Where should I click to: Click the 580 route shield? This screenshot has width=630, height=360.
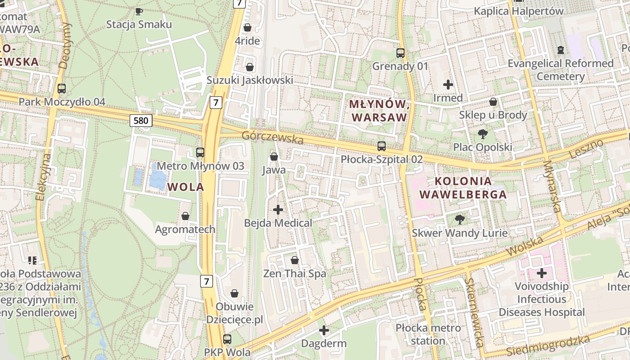pyautogui.click(x=140, y=120)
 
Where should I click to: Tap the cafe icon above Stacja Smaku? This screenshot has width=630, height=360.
pyautogui.click(x=139, y=11)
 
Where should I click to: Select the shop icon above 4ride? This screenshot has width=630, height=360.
pyautogui.click(x=247, y=28)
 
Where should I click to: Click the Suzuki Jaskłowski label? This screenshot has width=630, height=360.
pyautogui.click(x=250, y=80)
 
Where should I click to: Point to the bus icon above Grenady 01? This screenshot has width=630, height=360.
pyautogui.click(x=400, y=53)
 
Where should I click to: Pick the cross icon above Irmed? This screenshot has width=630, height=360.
pyautogui.click(x=448, y=85)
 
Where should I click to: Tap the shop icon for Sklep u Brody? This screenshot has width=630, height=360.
pyautogui.click(x=493, y=102)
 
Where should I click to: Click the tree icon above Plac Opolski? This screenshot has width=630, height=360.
pyautogui.click(x=483, y=134)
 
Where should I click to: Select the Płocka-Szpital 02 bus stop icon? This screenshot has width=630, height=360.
pyautogui.click(x=382, y=146)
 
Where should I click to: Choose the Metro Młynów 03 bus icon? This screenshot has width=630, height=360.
pyautogui.click(x=200, y=153)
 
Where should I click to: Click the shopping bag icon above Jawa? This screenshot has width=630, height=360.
pyautogui.click(x=274, y=157)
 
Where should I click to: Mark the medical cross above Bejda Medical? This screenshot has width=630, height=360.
pyautogui.click(x=278, y=209)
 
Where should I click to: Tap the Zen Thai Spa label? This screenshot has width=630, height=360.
pyautogui.click(x=295, y=274)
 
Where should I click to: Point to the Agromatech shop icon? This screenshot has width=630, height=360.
pyautogui.click(x=185, y=216)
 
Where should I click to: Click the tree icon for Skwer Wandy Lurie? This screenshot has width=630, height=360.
pyautogui.click(x=459, y=220)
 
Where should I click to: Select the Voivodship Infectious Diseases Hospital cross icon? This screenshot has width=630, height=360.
pyautogui.click(x=542, y=273)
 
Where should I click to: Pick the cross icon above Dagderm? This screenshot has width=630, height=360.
pyautogui.click(x=324, y=330)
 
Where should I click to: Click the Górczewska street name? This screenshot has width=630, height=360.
pyautogui.click(x=273, y=138)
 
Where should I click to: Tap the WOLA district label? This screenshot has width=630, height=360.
pyautogui.click(x=185, y=187)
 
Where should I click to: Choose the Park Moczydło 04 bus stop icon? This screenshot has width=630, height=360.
pyautogui.click(x=62, y=89)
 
